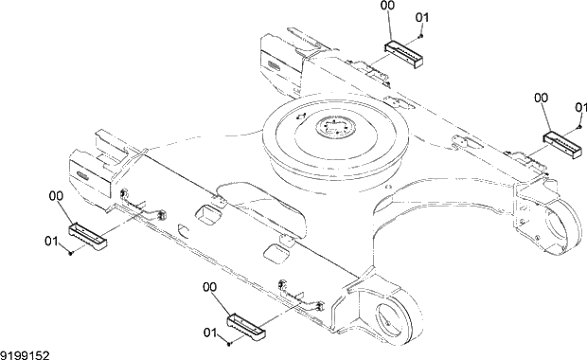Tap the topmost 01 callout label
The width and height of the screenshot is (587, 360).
pos(421,17)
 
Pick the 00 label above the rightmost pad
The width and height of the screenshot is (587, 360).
pos(541,96)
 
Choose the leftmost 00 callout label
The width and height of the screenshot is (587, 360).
pos(56,196)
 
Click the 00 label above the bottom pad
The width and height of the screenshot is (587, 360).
pos(209,286)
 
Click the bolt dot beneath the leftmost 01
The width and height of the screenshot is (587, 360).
pos(72,253)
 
